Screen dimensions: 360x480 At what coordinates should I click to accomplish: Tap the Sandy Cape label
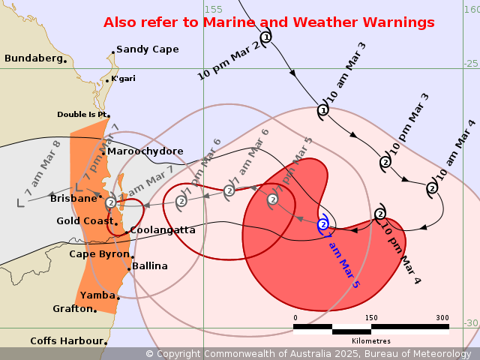[148, 49]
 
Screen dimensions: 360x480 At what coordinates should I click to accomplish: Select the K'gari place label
[123, 79]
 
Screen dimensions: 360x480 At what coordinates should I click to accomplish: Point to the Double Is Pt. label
[82, 115]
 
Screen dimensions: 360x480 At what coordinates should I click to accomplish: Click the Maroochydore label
[145, 151]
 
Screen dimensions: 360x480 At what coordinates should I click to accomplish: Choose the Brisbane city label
[73, 199]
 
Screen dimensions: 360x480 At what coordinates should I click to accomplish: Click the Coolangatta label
[163, 230]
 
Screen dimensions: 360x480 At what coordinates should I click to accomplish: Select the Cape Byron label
[99, 254]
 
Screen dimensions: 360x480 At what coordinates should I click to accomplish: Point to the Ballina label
[150, 266]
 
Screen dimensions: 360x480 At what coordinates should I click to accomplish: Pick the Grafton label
[72, 309]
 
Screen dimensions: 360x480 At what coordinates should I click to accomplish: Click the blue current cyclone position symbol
[323, 224]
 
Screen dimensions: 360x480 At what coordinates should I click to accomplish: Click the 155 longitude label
[214, 9]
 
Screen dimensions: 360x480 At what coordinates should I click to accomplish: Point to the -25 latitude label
[470, 63]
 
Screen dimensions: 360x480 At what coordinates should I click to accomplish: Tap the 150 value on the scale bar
[371, 318]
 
